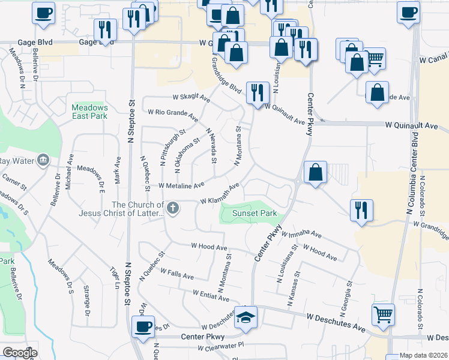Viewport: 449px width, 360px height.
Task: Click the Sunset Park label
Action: (250, 212)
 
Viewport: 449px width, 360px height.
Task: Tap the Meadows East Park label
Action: (89, 111)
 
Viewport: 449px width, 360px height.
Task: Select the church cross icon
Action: (173, 209)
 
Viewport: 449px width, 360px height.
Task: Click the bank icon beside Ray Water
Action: (43, 160)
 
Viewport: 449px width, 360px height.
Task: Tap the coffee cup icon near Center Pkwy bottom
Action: (143, 326)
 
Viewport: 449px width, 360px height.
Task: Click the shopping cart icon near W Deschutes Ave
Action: (383, 313)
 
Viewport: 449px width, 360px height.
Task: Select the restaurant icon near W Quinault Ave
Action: (258, 92)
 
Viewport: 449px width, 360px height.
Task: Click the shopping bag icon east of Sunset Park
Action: (315, 172)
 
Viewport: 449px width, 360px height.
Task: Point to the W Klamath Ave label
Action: (220, 193)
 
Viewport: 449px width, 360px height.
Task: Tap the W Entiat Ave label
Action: (211, 295)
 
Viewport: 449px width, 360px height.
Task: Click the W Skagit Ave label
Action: (191, 97)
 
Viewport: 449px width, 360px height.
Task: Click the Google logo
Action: (20, 353)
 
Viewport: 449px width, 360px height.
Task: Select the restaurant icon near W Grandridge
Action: (361, 211)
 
